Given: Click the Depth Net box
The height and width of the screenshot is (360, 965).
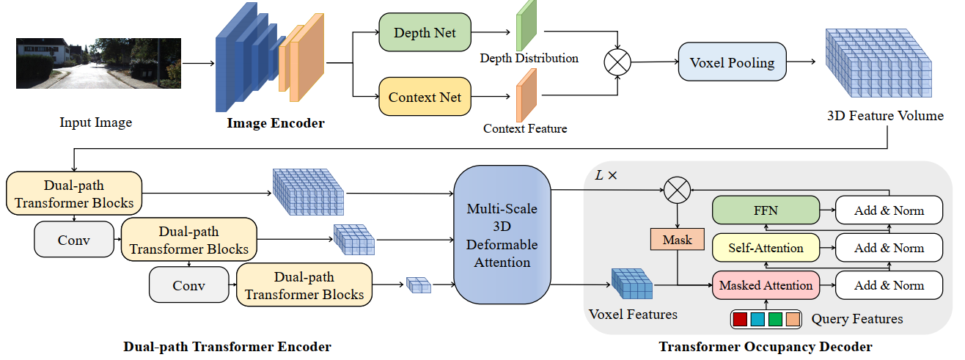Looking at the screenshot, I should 425,32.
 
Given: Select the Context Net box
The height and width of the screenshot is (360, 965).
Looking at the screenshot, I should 425,97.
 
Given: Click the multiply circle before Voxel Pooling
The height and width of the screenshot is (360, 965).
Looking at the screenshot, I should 617,63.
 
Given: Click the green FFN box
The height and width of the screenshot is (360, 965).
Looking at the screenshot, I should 766,210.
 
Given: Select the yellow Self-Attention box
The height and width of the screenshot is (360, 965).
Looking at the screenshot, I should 766,248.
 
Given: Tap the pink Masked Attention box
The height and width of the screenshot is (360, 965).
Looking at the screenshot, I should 766,285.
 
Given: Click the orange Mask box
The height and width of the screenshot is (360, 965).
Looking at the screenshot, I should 677,240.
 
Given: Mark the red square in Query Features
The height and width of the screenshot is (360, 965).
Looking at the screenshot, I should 740,320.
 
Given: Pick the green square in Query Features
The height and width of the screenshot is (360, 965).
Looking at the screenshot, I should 775,320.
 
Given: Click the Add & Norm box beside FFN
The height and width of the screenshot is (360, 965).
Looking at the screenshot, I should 889,210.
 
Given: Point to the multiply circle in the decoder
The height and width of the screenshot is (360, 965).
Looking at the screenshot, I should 678,191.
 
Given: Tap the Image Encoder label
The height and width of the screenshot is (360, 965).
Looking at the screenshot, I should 275,123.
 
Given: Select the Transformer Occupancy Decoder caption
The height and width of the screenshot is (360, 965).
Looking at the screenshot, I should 765,347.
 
